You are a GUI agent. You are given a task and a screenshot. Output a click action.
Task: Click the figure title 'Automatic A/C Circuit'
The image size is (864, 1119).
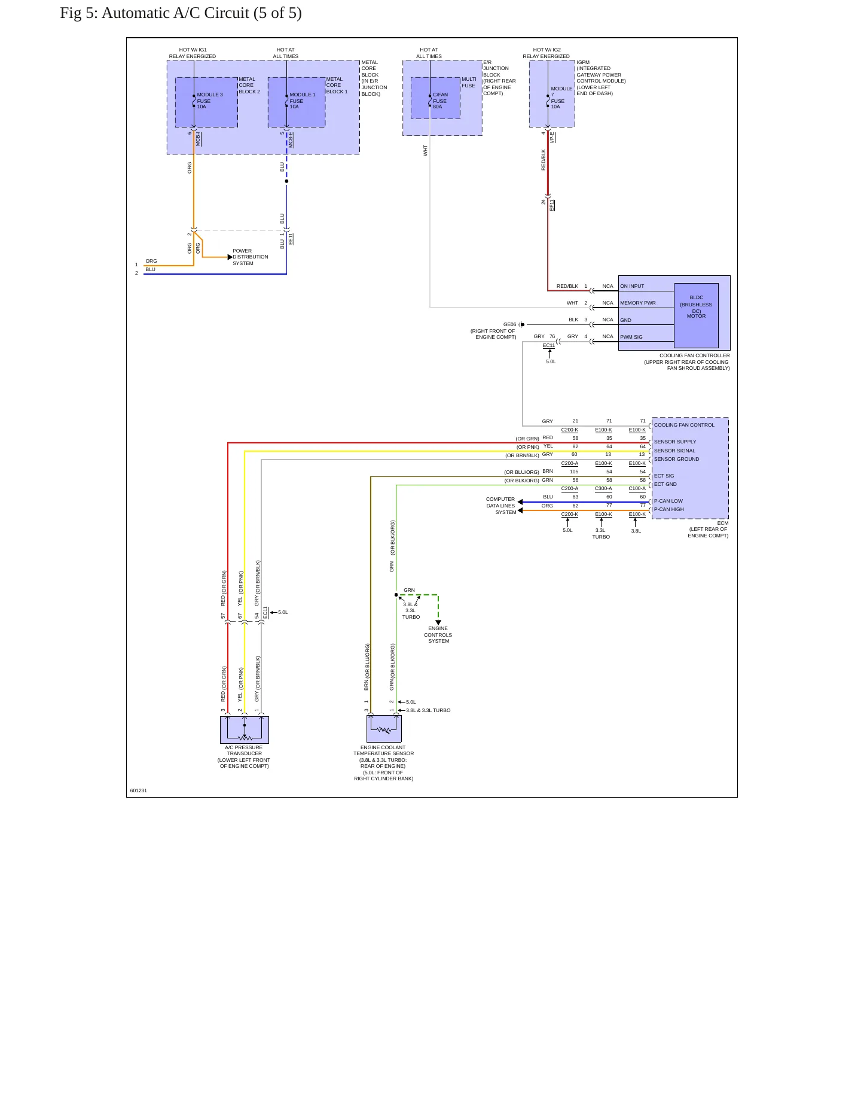pos(175,13)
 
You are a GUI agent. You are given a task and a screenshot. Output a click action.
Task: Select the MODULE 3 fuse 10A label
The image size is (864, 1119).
pos(210,101)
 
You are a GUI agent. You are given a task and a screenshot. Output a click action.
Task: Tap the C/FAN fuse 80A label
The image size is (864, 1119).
pos(440,101)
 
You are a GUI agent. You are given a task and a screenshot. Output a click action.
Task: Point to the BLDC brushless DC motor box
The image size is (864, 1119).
pos(696,315)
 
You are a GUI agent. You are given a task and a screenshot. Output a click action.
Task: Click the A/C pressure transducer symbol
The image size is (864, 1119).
pos(245,729)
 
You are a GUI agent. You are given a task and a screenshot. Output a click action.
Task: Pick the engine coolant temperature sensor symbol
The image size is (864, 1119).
pos(384,728)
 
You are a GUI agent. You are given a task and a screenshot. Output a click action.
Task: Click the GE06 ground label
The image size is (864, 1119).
pos(509,324)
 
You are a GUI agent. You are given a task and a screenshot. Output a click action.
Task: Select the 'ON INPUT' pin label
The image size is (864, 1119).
pos(632,286)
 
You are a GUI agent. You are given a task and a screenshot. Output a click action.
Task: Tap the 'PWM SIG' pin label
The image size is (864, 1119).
pos(631,337)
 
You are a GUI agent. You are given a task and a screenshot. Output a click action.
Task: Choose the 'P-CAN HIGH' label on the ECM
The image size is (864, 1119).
pos(668,509)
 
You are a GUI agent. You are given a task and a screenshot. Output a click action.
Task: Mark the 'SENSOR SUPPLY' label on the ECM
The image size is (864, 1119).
pos(675,442)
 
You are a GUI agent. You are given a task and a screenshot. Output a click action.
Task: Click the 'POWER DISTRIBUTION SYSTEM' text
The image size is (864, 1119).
pos(251,257)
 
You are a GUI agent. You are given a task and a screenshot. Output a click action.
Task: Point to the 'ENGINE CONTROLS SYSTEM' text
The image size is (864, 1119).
pos(438,634)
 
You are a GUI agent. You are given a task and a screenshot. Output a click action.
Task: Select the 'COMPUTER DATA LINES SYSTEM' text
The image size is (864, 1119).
pos(501,506)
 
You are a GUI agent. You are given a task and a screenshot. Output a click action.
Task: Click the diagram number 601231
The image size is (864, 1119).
pos(139,790)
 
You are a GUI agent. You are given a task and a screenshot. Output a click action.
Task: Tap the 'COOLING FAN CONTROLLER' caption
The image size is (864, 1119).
pos(695,355)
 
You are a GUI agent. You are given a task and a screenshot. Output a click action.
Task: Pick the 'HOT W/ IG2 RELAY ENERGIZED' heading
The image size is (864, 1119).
pos(547,53)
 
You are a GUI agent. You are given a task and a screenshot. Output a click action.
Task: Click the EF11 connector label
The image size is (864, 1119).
pos(552,205)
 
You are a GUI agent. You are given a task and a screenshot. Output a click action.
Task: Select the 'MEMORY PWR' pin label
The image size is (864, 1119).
pos(638,303)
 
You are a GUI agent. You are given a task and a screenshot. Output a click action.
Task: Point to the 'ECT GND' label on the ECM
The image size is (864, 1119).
pos(665,484)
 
